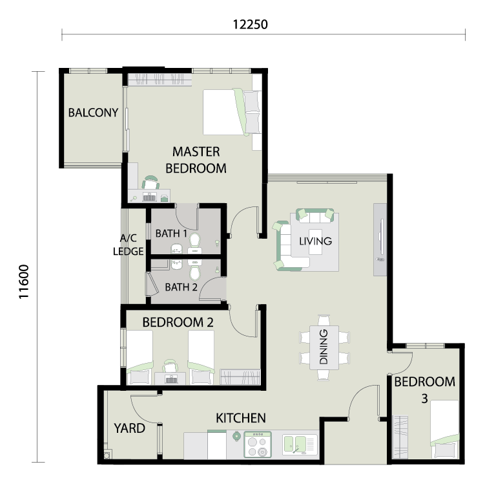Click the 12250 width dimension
coord(250,25)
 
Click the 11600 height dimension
coord(24,282)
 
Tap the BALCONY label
coord(93,113)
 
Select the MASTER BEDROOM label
coord(196,160)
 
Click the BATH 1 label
coord(171,234)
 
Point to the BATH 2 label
coord(181,287)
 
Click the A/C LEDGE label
coord(129,245)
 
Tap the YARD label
coord(129,428)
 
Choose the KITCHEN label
coord(241,418)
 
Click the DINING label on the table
coord(324,347)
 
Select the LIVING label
coord(316,241)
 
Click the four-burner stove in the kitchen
coord(258,444)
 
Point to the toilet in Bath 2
coord(195,270)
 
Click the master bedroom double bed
coord(232,112)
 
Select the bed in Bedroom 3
coord(445,430)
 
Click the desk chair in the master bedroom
coord(150,182)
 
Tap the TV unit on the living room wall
coord(380,239)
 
